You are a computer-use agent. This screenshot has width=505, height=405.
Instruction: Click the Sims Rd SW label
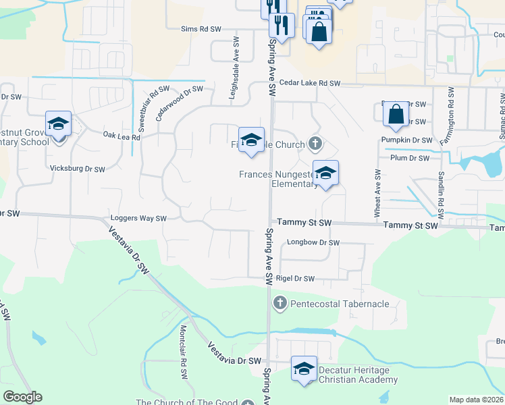click(x=201, y=29)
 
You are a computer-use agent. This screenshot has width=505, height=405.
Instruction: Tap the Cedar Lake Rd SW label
click(x=311, y=83)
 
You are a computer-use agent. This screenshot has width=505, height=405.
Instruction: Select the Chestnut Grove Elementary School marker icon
click(x=58, y=124)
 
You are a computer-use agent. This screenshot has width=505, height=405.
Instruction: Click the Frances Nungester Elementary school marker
click(x=325, y=173)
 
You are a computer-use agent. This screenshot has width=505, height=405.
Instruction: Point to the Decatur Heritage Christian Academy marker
click(x=304, y=369)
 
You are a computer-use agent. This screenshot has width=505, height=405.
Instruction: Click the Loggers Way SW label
click(x=139, y=219)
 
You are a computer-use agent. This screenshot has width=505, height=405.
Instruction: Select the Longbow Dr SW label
click(x=313, y=242)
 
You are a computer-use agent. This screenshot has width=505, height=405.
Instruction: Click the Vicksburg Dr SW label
click(x=78, y=169)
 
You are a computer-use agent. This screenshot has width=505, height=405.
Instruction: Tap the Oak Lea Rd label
click(x=122, y=136)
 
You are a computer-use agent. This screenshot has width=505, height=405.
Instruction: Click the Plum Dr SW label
click(x=410, y=158)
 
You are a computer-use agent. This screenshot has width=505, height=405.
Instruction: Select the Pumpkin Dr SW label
click(x=406, y=140)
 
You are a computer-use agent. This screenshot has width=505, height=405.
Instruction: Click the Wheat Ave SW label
click(x=377, y=194)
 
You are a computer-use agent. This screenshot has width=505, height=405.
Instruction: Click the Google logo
click(x=23, y=397)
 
